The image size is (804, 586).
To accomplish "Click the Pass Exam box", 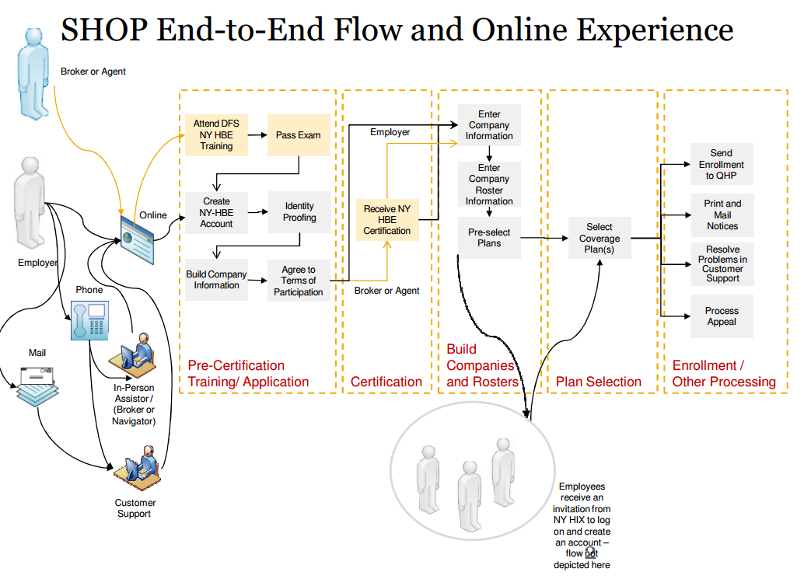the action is click(x=299, y=134).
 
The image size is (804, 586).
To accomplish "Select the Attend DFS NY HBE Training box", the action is click(x=216, y=134).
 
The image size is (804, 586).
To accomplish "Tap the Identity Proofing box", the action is click(x=299, y=212).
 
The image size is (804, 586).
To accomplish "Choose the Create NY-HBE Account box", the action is click(x=216, y=213).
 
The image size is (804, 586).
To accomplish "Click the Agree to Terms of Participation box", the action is click(x=299, y=281).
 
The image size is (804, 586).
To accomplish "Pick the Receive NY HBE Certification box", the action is click(x=387, y=220).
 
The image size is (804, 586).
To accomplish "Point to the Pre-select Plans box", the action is click(x=489, y=238).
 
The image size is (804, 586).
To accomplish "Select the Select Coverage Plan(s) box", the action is click(x=600, y=238).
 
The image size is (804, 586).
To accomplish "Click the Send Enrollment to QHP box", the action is click(x=722, y=164).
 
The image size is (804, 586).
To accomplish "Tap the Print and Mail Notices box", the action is click(x=722, y=215).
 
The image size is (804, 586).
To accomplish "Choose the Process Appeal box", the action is click(x=722, y=316).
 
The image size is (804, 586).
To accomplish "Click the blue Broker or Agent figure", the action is click(x=34, y=73).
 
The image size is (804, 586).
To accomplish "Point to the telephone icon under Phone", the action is click(x=89, y=321).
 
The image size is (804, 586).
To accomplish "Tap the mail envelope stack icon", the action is click(x=37, y=386).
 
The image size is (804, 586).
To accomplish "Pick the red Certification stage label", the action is click(x=386, y=382).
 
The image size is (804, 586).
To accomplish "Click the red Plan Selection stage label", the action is click(x=599, y=382).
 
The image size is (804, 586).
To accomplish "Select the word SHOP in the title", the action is click(x=105, y=30).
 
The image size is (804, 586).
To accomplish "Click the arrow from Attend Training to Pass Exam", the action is click(x=257, y=134).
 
